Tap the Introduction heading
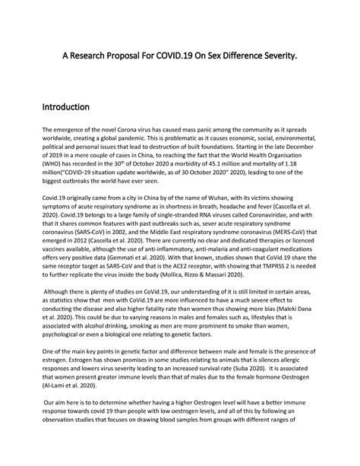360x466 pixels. pos(66,107)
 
